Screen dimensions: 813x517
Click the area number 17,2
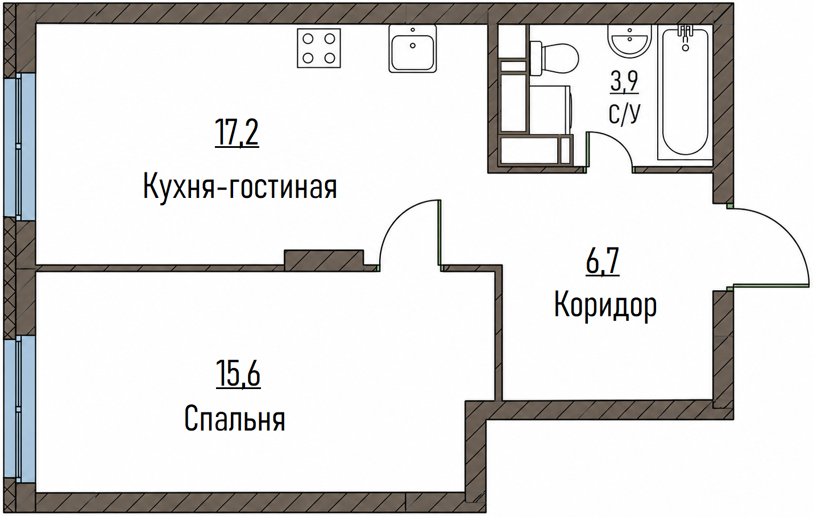click(x=237, y=133)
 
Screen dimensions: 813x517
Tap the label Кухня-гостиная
click(x=240, y=186)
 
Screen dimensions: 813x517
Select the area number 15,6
click(x=238, y=374)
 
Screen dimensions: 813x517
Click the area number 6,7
click(x=603, y=261)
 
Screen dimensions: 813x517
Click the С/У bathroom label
click(x=624, y=113)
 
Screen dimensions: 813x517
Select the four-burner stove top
click(x=319, y=48)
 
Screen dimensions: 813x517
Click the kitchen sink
click(x=412, y=49)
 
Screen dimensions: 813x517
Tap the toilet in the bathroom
click(x=554, y=58)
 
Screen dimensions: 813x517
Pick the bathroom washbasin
click(x=629, y=42)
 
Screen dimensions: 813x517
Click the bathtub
click(x=685, y=94)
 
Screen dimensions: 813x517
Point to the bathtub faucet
click(x=685, y=37)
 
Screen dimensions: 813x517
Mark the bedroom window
click(x=19, y=409)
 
